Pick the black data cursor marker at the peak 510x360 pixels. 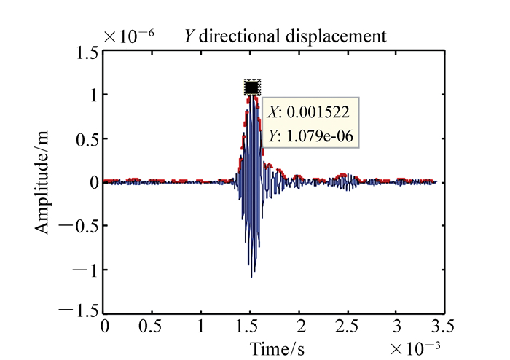click(x=252, y=87)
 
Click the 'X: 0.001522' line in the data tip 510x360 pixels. click(x=309, y=112)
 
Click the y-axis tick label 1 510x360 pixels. click(x=94, y=95)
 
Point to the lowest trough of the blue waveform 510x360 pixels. click(x=251, y=277)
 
